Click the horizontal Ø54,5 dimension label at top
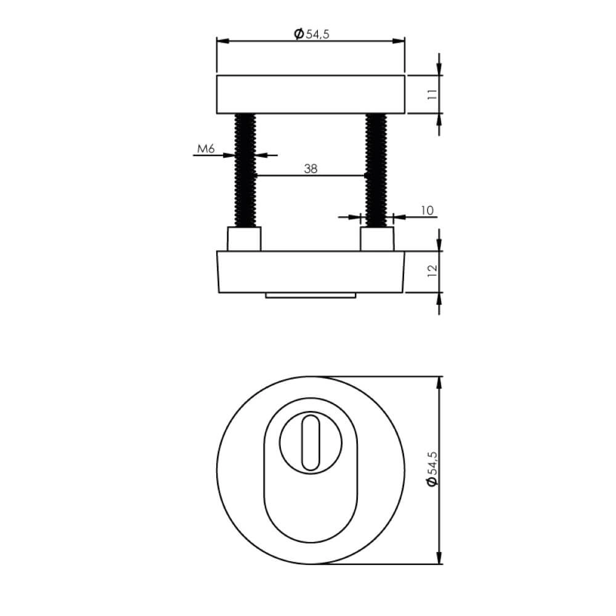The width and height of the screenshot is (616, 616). [x=312, y=34]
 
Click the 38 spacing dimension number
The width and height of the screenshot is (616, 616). [x=310, y=169]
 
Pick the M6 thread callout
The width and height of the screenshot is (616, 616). [x=205, y=148]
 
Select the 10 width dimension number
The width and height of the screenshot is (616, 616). [x=427, y=211]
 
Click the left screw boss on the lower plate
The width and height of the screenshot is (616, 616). [x=245, y=239]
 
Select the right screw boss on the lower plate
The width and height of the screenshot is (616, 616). [x=376, y=239]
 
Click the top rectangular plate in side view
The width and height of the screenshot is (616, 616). [x=311, y=95]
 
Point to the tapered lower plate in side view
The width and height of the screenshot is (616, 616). [x=311, y=272]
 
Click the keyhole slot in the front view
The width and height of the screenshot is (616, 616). [x=310, y=440]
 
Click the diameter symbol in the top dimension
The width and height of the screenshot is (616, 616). [x=298, y=34]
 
